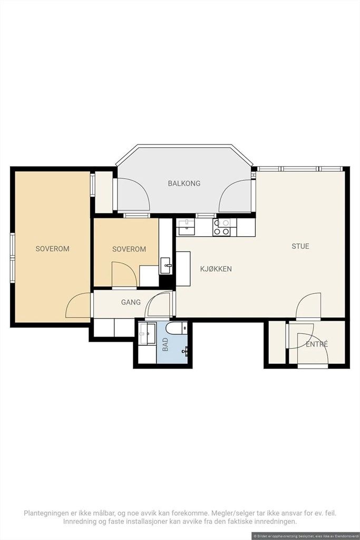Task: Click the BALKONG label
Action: point(184,184)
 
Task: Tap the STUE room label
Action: point(300,246)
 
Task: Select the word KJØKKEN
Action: point(216,269)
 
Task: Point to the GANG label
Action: point(131,302)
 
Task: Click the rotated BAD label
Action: point(166,344)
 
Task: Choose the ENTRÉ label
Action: point(317,344)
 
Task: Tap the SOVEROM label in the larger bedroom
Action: point(52,249)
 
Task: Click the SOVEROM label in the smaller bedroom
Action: point(129,249)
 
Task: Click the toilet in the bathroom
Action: point(177,328)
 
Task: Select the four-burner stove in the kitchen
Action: point(222,227)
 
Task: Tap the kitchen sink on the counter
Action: point(186,227)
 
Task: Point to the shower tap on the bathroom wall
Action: point(186,351)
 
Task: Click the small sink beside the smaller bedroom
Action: point(166,266)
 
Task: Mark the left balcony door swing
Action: point(133,194)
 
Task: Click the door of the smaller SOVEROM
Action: point(124,274)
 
